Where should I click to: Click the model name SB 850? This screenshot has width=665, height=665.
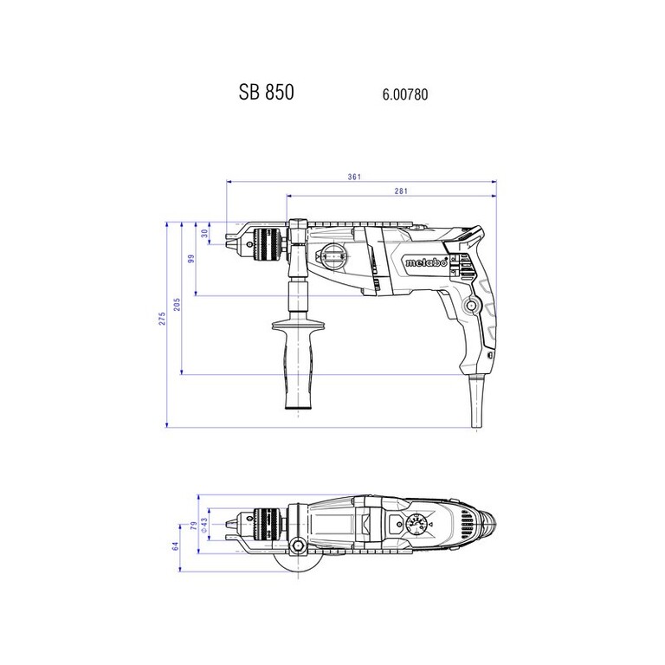coord(267,92)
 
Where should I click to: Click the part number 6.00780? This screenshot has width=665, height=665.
coord(405,94)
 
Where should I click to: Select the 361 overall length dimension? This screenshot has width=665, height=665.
coord(354,177)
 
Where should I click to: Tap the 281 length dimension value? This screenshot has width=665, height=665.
coord(401,190)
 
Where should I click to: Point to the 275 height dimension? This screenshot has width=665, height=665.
coord(162,319)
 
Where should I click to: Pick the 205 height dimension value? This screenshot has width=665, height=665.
coord(177,304)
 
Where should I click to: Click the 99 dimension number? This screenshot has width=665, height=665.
coord(190,259)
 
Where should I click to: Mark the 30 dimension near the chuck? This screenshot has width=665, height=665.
coord(205,233)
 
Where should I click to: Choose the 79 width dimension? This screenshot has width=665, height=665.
coord(193,526)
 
